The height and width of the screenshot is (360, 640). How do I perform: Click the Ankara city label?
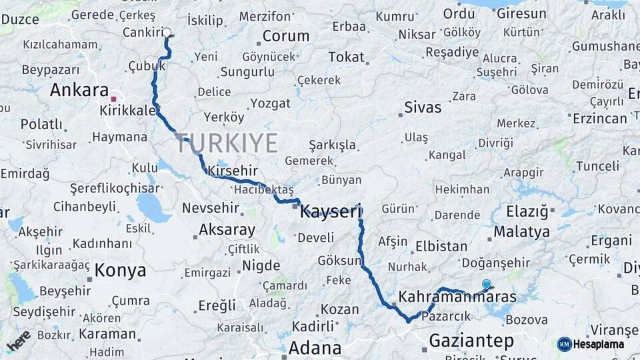pyautogui.click(x=79, y=90)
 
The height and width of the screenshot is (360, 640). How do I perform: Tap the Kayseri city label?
pyautogui.click(x=330, y=212)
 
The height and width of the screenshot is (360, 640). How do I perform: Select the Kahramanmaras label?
pyautogui.click(x=457, y=296)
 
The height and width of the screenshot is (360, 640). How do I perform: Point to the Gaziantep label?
pyautogui.click(x=471, y=341)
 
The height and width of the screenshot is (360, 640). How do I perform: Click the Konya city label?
pyautogui.click(x=120, y=270)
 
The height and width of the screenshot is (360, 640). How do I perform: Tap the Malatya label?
pyautogui.click(x=522, y=232)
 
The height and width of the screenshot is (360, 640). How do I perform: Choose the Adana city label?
pyautogui.click(x=315, y=347)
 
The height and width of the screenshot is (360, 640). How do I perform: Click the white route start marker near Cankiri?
pyautogui.click(x=167, y=32)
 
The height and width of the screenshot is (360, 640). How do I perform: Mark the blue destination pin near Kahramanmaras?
pyautogui.click(x=487, y=284)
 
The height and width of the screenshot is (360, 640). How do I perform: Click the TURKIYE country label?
pyautogui.click(x=227, y=143)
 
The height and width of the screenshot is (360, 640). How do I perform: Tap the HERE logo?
pyautogui.click(x=18, y=341)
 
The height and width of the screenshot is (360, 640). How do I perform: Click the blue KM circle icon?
pyautogui.click(x=564, y=344)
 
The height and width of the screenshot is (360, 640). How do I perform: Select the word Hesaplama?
pyautogui.click(x=599, y=344)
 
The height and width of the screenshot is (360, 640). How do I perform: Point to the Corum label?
pyautogui.click(x=286, y=36)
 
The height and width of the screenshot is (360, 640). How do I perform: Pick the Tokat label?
pyautogui.click(x=346, y=57)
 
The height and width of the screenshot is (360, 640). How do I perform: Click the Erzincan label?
pyautogui.click(x=600, y=118)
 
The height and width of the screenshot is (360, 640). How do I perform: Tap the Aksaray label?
pyautogui.click(x=227, y=230)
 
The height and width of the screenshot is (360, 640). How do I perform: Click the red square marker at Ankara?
pyautogui.click(x=113, y=99)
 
